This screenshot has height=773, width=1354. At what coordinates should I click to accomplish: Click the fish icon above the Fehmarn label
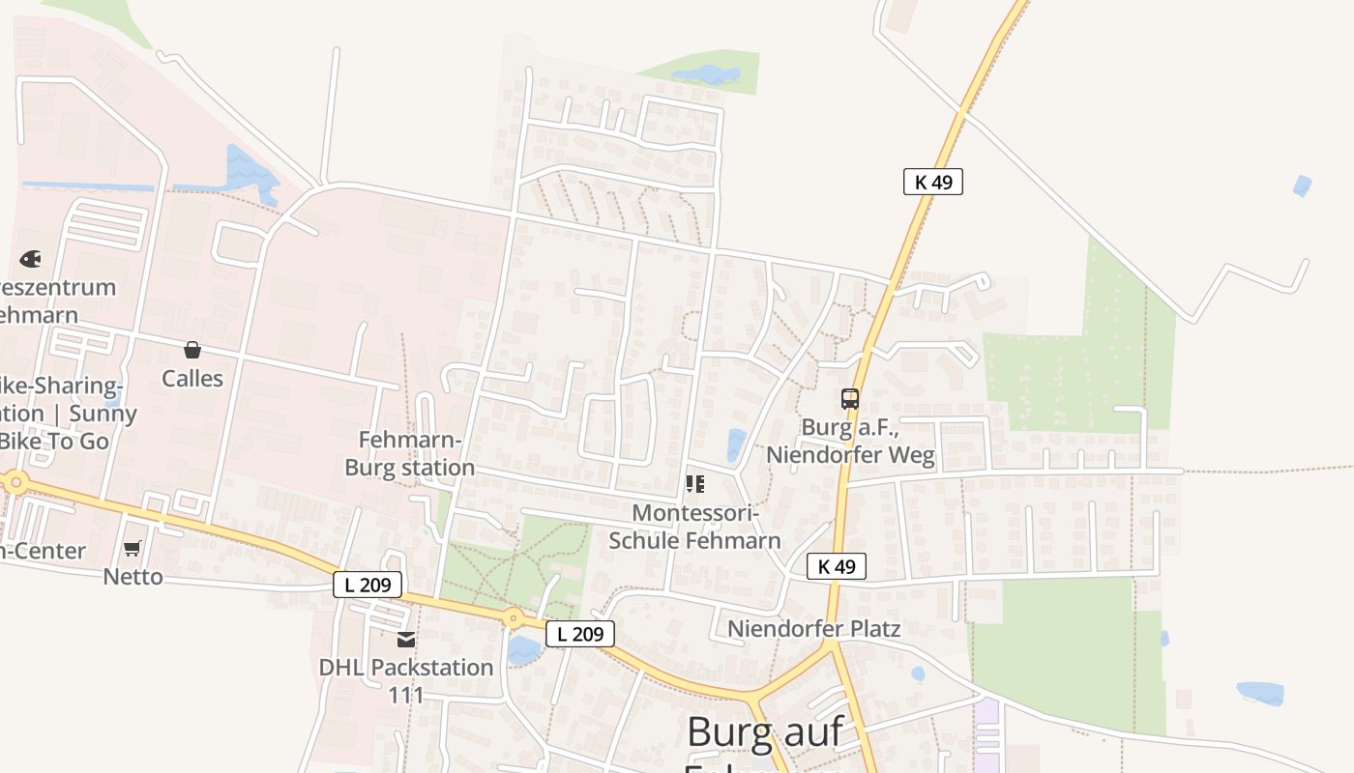point(30,259)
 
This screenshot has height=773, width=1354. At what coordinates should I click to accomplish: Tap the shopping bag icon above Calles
point(192,350)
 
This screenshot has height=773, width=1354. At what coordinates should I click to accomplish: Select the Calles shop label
point(192,378)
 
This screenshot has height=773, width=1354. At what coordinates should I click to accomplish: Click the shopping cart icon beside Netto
point(132,549)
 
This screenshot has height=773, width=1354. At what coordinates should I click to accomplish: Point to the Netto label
point(133,577)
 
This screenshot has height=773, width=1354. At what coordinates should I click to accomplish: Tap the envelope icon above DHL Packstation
point(406,640)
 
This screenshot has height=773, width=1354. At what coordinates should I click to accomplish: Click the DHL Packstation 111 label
point(406,680)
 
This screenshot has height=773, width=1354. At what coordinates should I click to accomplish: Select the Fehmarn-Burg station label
point(410,454)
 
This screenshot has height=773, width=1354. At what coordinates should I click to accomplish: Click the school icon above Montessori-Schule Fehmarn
point(694,483)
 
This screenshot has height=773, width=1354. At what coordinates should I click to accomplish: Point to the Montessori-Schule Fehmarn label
point(694,526)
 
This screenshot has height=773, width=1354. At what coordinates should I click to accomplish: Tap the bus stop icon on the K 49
point(849,399)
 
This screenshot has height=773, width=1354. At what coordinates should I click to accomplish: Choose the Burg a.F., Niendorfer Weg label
point(851,441)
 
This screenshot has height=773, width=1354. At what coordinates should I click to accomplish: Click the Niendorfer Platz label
point(813,629)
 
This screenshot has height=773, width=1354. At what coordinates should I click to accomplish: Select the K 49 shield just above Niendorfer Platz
point(836,566)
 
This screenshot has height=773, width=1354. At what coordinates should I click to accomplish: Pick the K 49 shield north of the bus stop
point(932,182)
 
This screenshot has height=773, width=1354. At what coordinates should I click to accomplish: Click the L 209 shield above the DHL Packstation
point(368,584)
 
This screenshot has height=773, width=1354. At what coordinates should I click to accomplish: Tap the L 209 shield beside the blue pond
point(580,634)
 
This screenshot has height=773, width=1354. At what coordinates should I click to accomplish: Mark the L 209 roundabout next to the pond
point(514,617)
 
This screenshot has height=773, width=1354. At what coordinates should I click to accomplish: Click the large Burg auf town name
point(765,731)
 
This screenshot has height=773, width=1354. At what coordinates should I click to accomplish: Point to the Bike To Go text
point(54,441)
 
